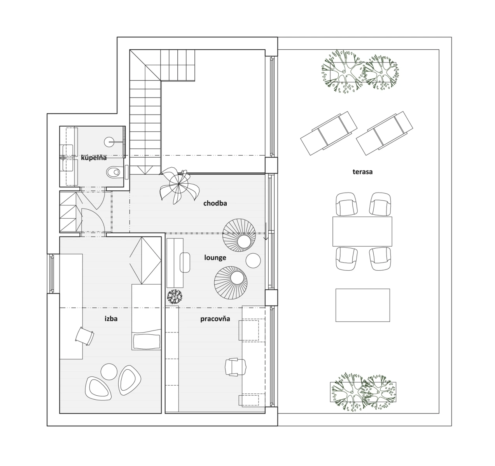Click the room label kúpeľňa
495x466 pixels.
point(94,158)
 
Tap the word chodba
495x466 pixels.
point(215,203)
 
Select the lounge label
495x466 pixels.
point(215,257)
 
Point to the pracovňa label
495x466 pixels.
point(215,319)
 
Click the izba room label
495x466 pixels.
point(111,319)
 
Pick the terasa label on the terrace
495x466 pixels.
point(362,172)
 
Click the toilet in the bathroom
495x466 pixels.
point(115,172)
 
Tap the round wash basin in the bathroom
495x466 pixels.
point(109,142)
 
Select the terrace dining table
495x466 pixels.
point(362,231)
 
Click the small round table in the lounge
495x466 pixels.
point(253,261)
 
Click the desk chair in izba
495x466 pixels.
point(85,336)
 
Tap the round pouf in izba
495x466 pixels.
point(109,372)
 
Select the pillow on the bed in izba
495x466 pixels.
point(147,341)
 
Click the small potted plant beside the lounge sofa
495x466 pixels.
point(175,296)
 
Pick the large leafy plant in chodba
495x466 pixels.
point(179,185)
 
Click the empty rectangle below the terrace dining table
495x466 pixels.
point(363,305)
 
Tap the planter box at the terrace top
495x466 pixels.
point(363,72)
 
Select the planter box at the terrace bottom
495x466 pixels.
point(363,392)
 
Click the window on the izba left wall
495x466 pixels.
point(52,273)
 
